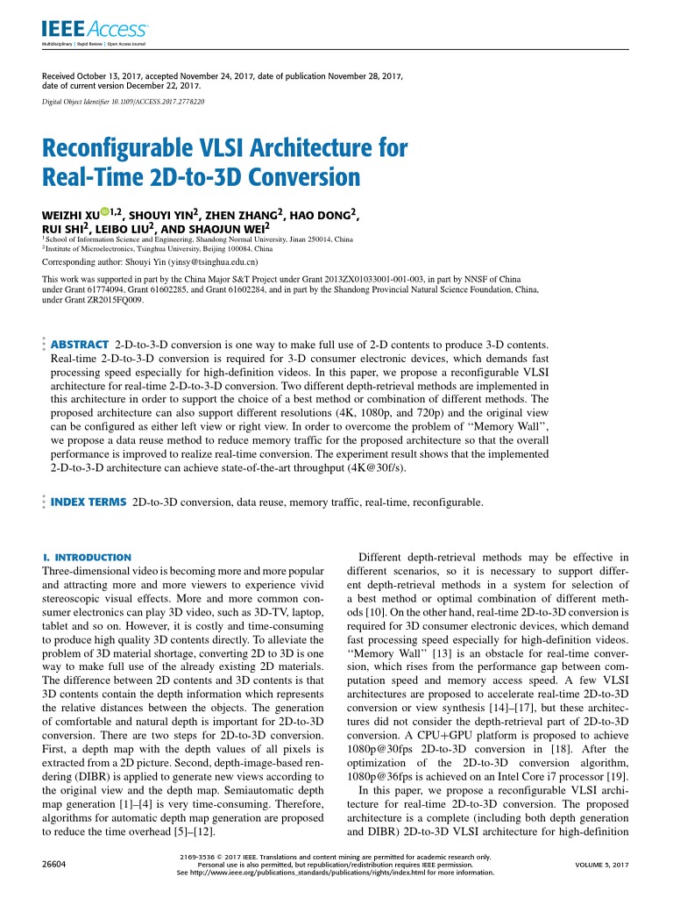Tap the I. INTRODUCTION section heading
[87, 557]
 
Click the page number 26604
[54, 864]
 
